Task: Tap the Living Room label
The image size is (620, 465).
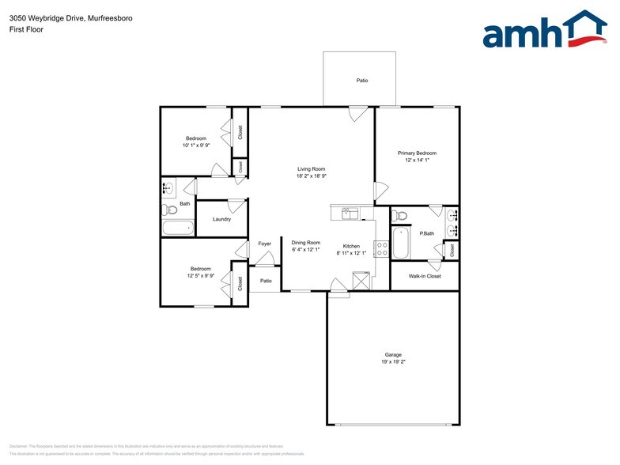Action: (311, 169)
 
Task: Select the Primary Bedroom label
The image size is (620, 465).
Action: (417, 153)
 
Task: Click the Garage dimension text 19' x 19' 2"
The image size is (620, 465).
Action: (393, 361)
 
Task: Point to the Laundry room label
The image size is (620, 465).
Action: (221, 219)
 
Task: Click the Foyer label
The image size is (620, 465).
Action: (265, 244)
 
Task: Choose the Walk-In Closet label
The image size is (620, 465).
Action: (425, 276)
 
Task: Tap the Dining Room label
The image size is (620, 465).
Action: (305, 243)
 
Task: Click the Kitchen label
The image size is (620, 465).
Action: (352, 246)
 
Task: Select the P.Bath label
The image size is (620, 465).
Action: (427, 233)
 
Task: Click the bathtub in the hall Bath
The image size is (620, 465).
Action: (178, 228)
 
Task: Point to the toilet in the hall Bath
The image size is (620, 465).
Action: (169, 210)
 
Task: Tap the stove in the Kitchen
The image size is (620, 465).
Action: (381, 249)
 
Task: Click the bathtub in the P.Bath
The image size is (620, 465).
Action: (400, 243)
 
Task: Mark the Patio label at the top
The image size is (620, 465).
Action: (361, 81)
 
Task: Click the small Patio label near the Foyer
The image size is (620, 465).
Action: (266, 281)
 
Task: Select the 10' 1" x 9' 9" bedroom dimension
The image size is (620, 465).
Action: (195, 146)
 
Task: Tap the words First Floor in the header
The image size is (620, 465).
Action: (26, 29)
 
